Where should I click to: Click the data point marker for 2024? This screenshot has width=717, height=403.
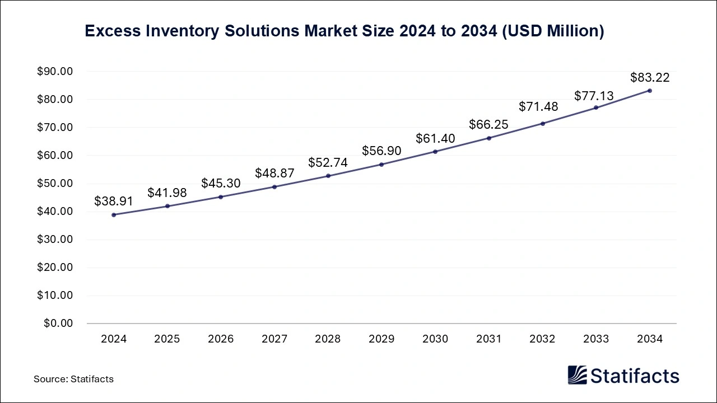114,214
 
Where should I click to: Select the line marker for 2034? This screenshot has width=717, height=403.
649,90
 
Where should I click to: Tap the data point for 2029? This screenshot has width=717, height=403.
381,164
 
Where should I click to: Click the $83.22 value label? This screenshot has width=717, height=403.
650,77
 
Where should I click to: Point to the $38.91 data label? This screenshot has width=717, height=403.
114,201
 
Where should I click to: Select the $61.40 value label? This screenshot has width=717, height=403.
435,138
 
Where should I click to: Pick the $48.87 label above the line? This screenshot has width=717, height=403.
274,174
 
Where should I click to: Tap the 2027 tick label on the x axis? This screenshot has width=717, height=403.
274,339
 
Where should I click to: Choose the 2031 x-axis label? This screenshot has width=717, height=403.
489,339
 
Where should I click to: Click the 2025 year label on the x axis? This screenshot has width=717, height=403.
167,339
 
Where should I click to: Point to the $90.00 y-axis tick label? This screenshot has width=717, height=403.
55,72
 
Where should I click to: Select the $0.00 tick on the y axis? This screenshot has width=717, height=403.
58,324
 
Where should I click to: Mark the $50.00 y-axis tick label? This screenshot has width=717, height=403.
55,184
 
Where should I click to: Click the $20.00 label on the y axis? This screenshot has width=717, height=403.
55,268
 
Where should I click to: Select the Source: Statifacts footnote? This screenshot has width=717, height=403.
73,379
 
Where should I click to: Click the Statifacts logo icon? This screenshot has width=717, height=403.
577,375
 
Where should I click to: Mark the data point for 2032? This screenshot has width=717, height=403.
542,123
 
